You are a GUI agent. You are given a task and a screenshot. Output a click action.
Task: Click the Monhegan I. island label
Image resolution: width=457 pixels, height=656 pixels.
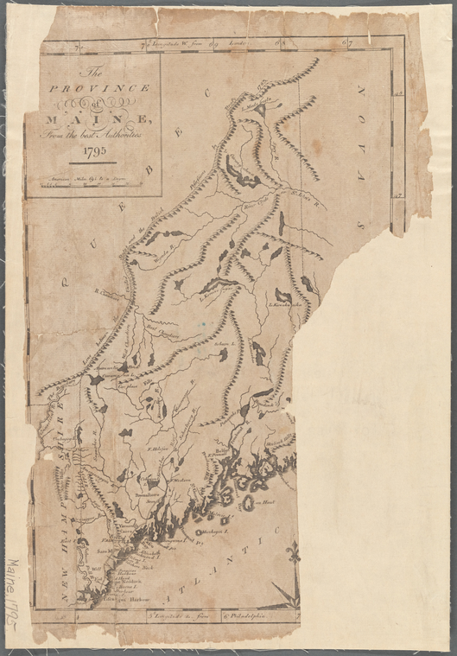click(x=212, y=532)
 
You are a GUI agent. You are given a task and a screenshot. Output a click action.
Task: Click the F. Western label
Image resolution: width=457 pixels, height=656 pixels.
click(x=181, y=481)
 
